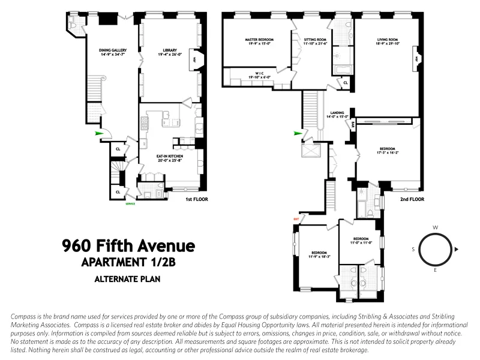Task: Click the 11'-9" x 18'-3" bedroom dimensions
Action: click(x=319, y=256)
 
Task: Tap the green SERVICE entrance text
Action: click(x=130, y=204)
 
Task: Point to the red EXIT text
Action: click(x=296, y=219)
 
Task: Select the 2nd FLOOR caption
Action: click(x=412, y=199)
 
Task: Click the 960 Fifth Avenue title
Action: click(x=129, y=245)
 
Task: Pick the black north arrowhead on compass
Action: click(x=457, y=248)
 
